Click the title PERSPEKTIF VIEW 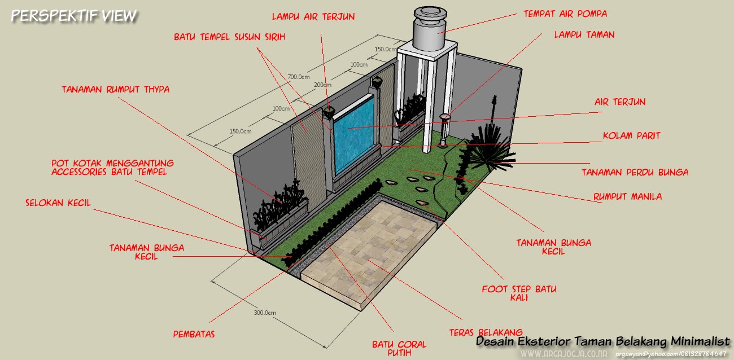74,16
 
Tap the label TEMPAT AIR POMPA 565,13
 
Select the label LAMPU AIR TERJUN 313,16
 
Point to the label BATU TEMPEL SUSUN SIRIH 230,37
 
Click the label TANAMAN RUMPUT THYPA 116,89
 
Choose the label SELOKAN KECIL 58,203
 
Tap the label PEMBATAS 194,333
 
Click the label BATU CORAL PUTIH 399,348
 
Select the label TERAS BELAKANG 486,332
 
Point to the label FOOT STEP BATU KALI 519,293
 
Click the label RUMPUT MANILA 627,197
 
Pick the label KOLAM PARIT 631,136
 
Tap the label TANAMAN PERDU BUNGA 635,172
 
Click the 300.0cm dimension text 264,312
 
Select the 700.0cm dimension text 299,77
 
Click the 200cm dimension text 323,85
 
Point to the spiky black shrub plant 488,150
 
